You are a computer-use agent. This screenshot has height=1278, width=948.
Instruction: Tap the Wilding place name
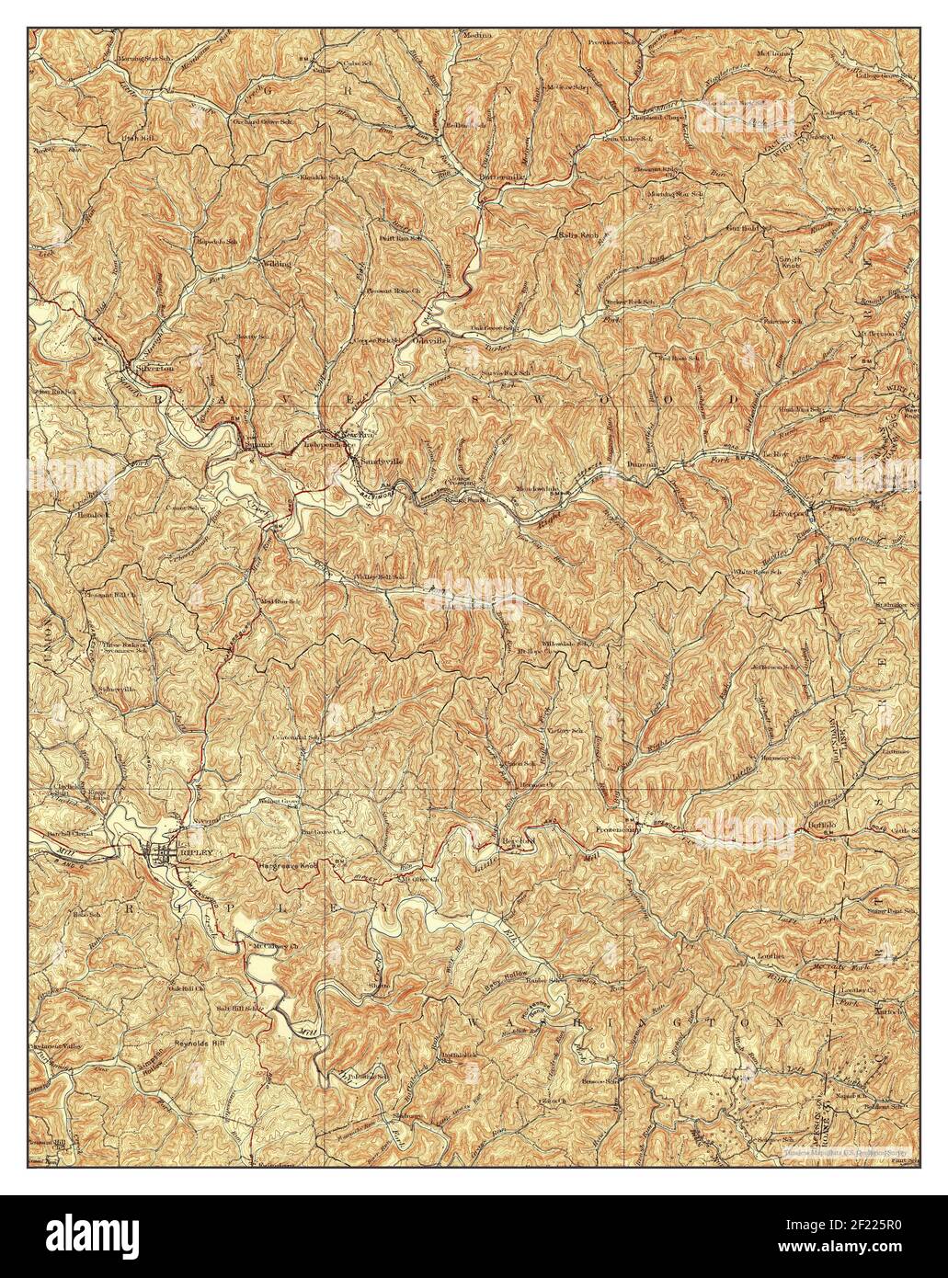[x=277, y=263]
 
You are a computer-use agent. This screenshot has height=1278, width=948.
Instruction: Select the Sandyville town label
[x=383, y=459]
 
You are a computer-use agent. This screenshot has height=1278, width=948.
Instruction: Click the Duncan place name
[x=642, y=464]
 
